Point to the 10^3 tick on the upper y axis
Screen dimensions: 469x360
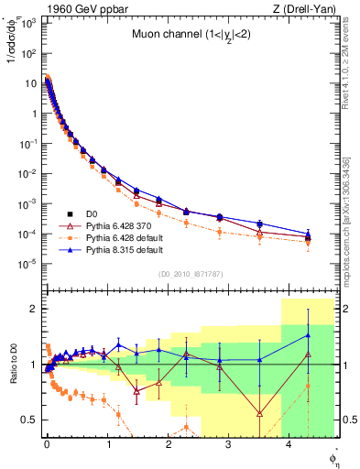pos(28,22)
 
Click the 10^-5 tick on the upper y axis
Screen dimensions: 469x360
pos(28,264)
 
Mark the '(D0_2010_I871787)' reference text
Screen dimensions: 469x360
pos(191,273)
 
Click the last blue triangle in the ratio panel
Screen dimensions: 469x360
pos(308,335)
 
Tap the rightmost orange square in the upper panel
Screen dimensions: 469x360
pos(308,242)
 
